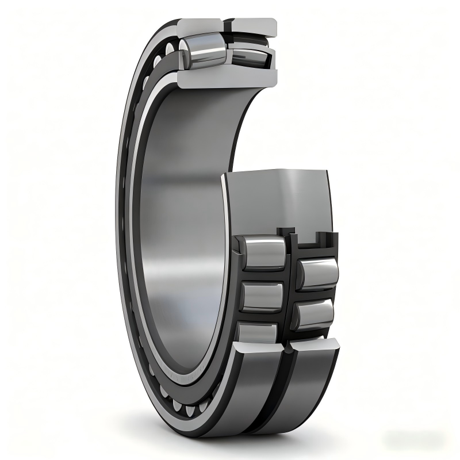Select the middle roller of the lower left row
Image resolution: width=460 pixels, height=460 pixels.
tap(262, 296)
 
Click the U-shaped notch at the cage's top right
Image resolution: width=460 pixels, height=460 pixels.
tap(321, 237)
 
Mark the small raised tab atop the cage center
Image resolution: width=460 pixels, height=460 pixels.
tap(282, 231)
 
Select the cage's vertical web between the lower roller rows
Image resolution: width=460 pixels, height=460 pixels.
tap(290, 287)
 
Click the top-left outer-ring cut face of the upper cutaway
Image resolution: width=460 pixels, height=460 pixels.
tap(199, 26)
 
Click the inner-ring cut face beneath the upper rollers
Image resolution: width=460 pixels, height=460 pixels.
tap(227, 78)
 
